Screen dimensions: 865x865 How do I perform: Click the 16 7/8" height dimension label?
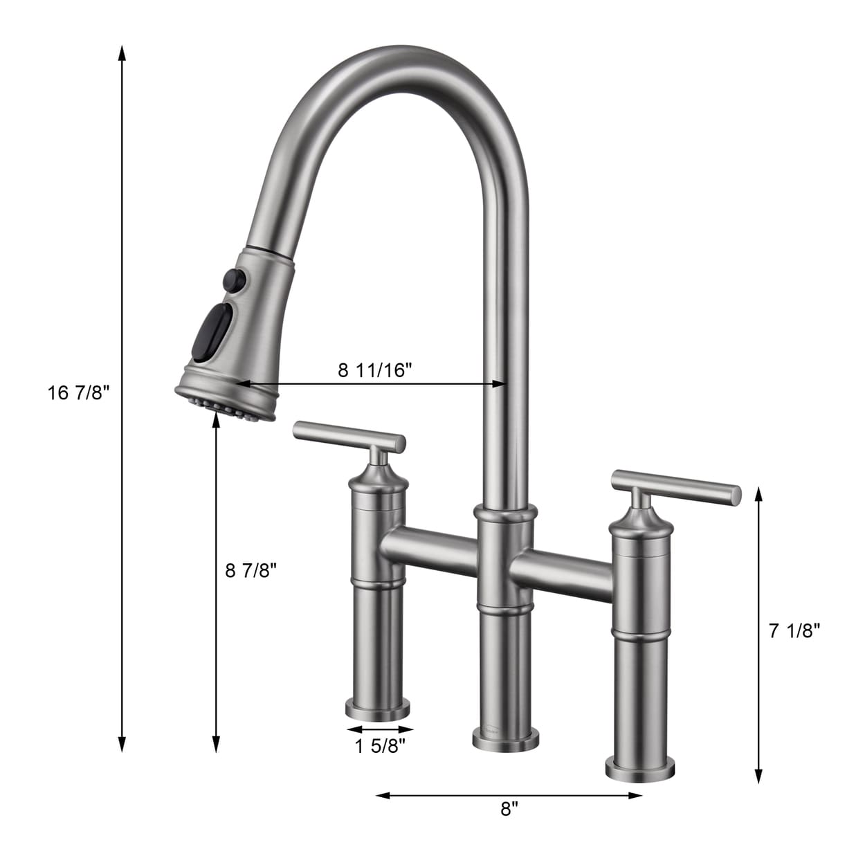point(79,393)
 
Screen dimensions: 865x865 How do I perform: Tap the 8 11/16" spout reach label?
point(375,370)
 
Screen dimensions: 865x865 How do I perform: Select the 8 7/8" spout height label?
point(251,570)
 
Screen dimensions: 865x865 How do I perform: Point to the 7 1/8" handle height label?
point(794,630)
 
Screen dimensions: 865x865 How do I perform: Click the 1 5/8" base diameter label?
point(380,746)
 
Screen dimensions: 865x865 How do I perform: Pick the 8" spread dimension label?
point(509,809)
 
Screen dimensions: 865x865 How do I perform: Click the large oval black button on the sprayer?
point(215,329)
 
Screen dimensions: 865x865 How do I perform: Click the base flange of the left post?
point(378,709)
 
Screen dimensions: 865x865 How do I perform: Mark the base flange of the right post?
point(640,769)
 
